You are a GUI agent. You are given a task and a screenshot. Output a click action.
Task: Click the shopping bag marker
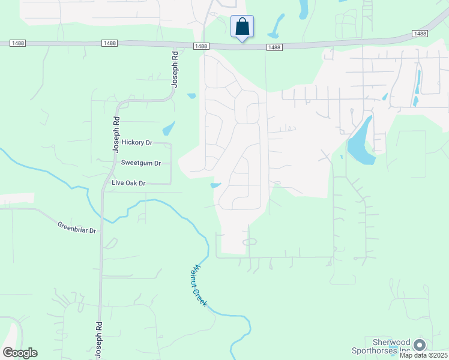242,27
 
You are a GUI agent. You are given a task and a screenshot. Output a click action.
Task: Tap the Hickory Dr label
137,142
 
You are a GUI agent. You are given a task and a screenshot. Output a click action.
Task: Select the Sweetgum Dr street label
141,163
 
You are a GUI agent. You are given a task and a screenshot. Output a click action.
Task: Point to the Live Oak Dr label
128,182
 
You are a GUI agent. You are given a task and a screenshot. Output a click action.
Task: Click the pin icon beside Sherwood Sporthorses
420,344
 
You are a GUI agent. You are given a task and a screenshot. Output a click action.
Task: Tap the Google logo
20,353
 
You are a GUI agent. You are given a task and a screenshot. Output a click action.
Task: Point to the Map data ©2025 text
423,355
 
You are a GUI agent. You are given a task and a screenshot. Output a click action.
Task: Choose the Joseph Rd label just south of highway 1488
175,69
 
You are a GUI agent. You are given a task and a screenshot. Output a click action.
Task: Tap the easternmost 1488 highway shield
420,34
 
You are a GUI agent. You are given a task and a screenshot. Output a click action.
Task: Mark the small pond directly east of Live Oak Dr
216,185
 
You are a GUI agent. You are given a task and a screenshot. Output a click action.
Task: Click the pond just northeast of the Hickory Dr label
169,128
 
